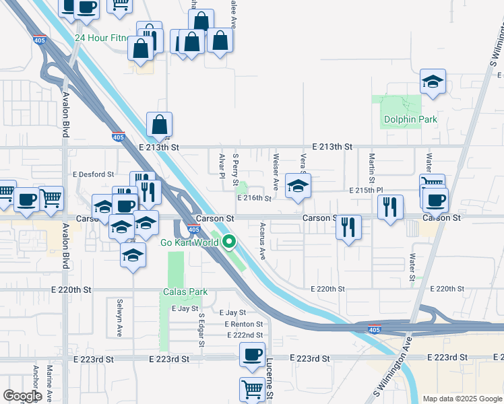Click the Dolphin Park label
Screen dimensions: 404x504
tap(410, 120)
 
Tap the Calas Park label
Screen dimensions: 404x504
tap(185, 292)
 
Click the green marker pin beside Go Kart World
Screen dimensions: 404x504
tap(229, 241)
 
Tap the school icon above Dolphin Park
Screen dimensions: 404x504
tap(433, 82)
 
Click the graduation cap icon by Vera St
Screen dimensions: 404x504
tap(298, 187)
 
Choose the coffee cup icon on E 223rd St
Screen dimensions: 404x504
tap(253, 355)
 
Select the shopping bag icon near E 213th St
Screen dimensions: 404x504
tap(159, 125)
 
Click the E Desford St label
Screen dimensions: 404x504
tap(94, 174)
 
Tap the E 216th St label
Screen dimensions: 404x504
tap(254, 199)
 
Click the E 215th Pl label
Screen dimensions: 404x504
tap(366, 191)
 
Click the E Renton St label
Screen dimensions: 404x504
tap(243, 324)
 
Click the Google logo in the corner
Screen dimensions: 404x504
tap(22, 396)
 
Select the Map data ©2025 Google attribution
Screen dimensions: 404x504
tap(462, 399)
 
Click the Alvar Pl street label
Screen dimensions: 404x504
tap(222, 167)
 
